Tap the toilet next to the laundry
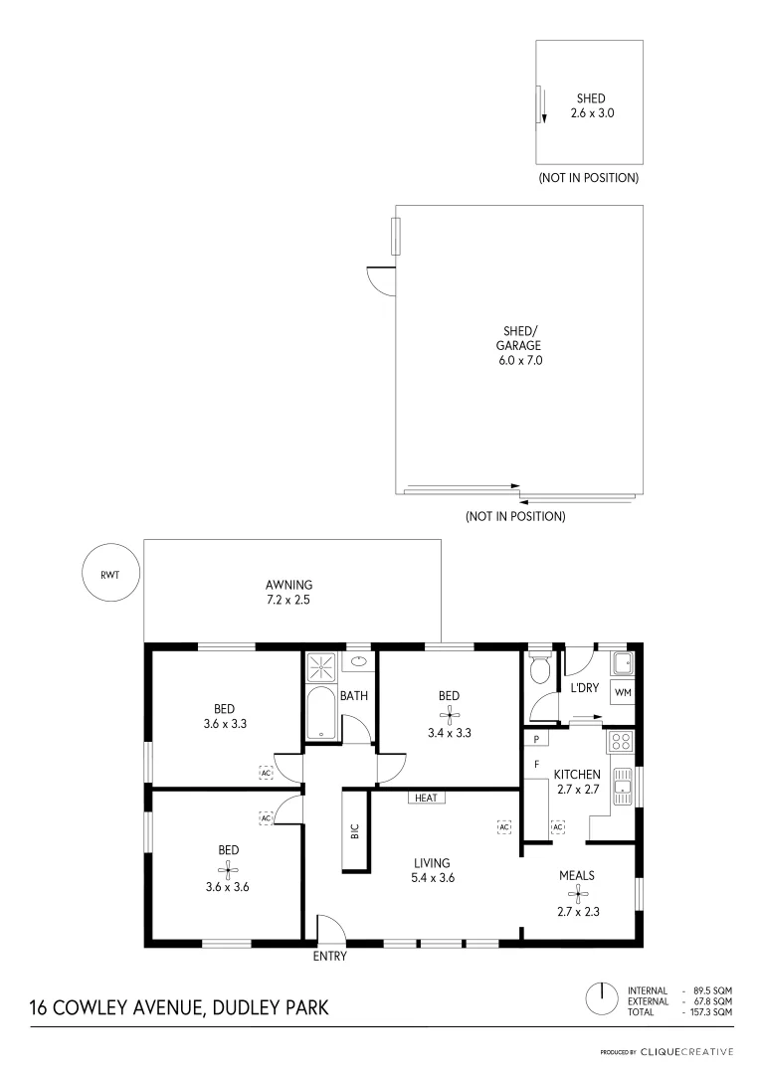coord(541,668)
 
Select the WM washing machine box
coord(623,691)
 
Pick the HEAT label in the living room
coord(426,798)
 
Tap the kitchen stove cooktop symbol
coord(621,741)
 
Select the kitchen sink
coord(623,786)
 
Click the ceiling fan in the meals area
coord(575,893)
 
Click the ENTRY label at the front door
coord(329,957)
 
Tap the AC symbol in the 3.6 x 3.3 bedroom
coord(266,773)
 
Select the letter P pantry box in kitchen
coord(536,740)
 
